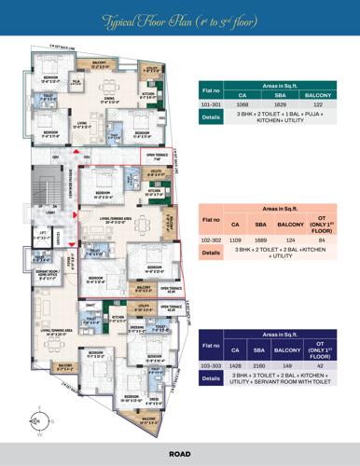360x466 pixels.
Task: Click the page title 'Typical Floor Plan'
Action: coord(179,18)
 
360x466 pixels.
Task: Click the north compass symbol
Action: coord(38,416)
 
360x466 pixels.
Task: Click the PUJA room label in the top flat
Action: coord(77,82)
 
